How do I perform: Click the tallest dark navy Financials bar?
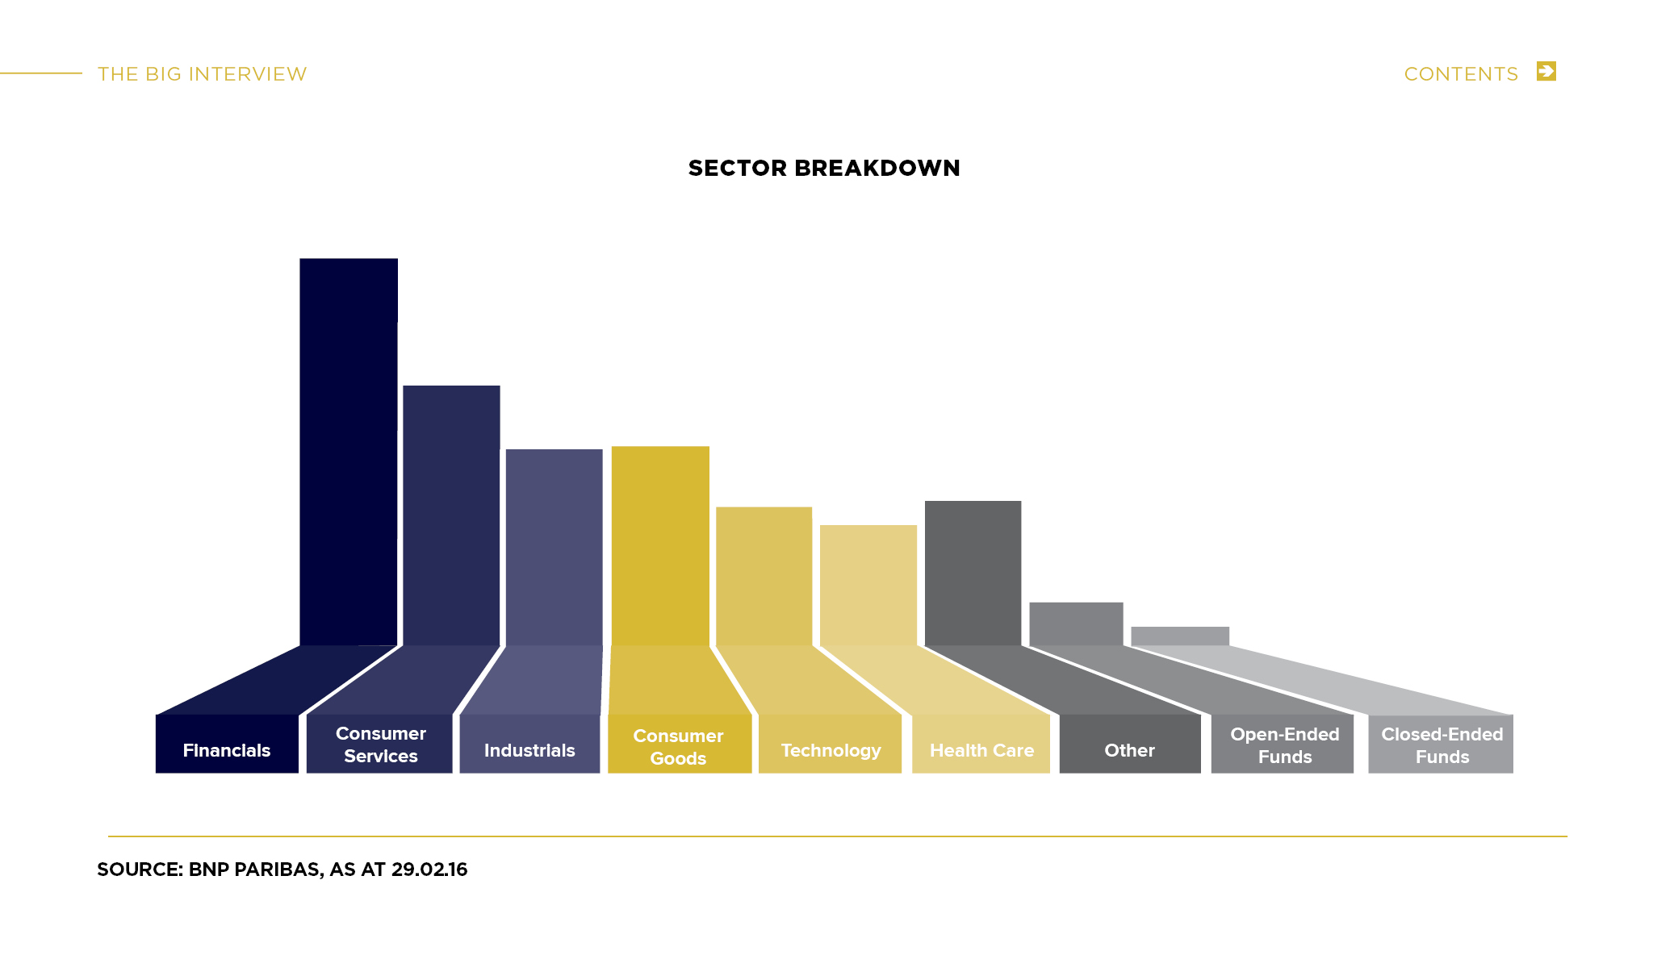pyautogui.click(x=349, y=452)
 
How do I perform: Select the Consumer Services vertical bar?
pyautogui.click(x=451, y=515)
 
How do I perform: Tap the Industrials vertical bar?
pyautogui.click(x=554, y=547)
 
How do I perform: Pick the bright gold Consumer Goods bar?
pyautogui.click(x=660, y=545)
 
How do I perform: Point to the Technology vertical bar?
pyautogui.click(x=764, y=576)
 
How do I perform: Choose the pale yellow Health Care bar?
pyautogui.click(x=868, y=585)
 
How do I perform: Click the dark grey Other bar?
pyautogui.click(x=973, y=573)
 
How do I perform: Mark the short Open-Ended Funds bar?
pyautogui.click(x=1076, y=624)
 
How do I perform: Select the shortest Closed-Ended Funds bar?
pyautogui.click(x=1180, y=636)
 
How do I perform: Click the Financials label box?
pyautogui.click(x=227, y=744)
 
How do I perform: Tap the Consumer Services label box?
pyautogui.click(x=379, y=744)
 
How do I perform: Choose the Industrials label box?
pyautogui.click(x=529, y=744)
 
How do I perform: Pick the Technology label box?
pyautogui.click(x=830, y=744)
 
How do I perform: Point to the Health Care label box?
pyautogui.click(x=981, y=744)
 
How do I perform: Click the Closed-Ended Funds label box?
pyautogui.click(x=1441, y=744)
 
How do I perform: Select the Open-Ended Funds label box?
pyautogui.click(x=1283, y=744)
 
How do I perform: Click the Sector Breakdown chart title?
pyautogui.click(x=824, y=168)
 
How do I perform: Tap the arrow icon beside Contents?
pyautogui.click(x=1546, y=71)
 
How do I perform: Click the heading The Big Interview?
pyautogui.click(x=203, y=74)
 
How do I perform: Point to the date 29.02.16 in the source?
pyautogui.click(x=429, y=870)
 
